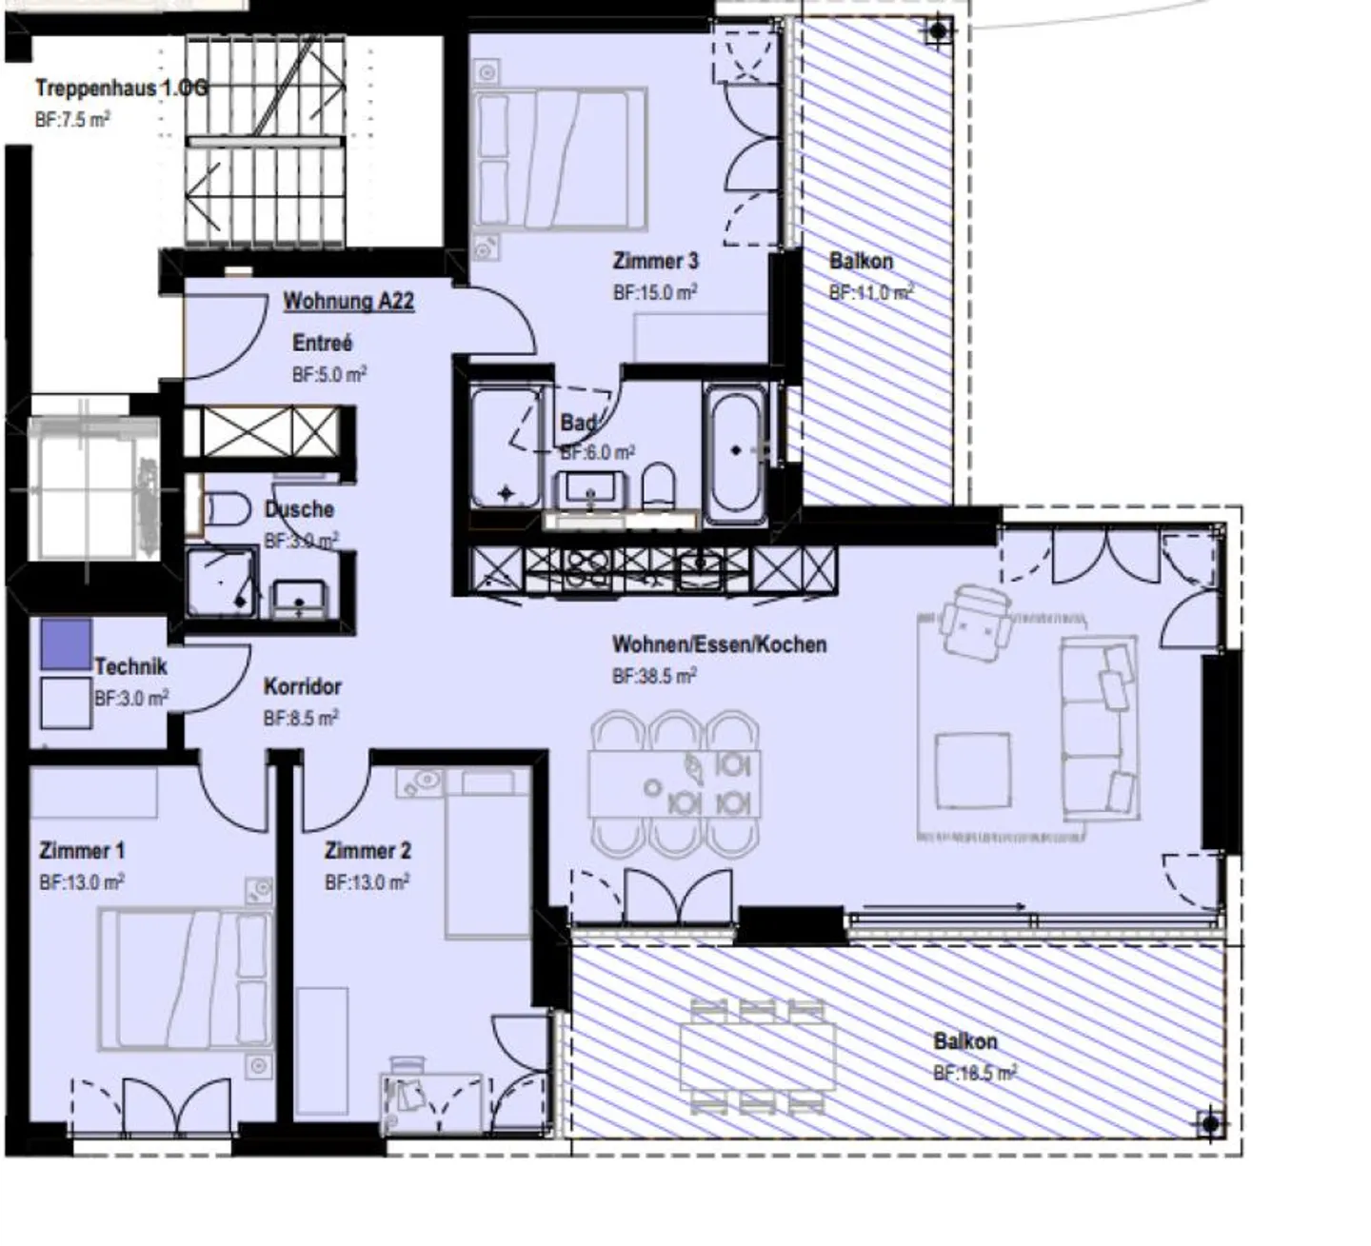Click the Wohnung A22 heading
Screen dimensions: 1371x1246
(348, 302)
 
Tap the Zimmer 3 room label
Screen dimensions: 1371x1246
(655, 261)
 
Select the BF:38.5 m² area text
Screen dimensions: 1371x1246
(654, 676)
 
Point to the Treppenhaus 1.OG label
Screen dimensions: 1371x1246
(122, 89)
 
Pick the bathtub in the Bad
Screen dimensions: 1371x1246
(735, 452)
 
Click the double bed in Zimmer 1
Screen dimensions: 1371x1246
(186, 979)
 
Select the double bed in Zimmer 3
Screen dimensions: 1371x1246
(560, 159)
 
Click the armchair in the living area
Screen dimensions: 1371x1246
(976, 622)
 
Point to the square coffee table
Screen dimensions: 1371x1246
(972, 771)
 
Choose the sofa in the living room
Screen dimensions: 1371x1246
(1099, 728)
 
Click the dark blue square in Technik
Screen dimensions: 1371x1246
(67, 644)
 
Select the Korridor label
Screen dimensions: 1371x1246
(302, 687)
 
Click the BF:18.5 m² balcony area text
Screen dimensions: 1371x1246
(975, 1073)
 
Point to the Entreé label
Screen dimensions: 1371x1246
(322, 343)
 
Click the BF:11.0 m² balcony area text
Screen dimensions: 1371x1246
(871, 292)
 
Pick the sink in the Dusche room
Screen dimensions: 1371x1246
(299, 600)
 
